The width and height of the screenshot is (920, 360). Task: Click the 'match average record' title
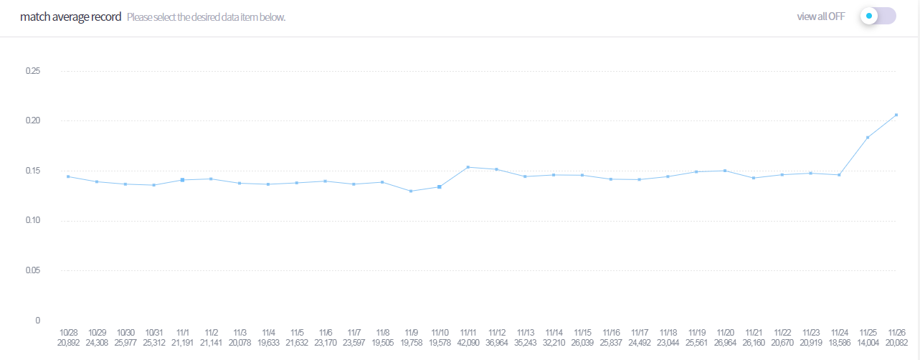71,16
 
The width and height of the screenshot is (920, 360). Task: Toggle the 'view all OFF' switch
878,16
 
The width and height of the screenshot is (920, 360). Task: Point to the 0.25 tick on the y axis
33,71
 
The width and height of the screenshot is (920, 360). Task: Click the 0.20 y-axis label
33,120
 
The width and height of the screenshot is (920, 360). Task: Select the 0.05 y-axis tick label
33,270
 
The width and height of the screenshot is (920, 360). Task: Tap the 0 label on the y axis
37,320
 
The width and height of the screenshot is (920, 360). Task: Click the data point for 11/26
896,115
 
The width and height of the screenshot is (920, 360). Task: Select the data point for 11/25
868,137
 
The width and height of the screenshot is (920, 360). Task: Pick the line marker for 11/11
468,167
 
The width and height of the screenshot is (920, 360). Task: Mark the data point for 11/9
411,191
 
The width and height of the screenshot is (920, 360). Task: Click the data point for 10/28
68,176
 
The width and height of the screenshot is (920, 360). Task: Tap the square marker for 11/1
183,179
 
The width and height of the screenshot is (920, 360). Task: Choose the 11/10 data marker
440,186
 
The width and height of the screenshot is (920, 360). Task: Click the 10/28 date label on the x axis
69,333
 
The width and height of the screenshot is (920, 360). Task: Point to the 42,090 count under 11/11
468,344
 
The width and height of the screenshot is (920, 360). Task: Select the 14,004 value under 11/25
868,344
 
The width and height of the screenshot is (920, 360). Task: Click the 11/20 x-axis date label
725,333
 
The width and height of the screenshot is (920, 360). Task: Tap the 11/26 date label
896,333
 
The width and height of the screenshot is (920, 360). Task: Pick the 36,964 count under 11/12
497,344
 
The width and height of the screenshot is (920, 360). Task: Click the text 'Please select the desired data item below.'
206,17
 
